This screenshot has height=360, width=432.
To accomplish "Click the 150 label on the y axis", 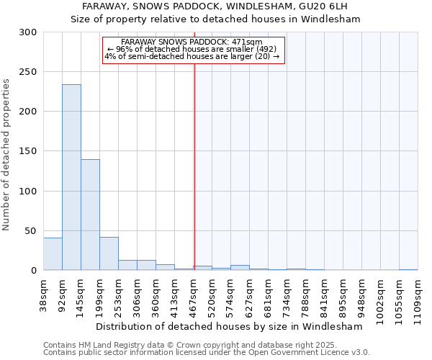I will click(x=29, y=151).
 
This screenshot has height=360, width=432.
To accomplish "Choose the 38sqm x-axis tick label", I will click(x=43, y=294).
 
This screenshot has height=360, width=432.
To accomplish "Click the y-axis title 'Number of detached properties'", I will click(x=7, y=155).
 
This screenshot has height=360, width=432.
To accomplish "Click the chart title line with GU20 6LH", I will click(x=215, y=6).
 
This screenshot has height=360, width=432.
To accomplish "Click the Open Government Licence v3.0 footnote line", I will click(x=206, y=353).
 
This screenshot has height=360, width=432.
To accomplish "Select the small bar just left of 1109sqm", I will click(x=408, y=269).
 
